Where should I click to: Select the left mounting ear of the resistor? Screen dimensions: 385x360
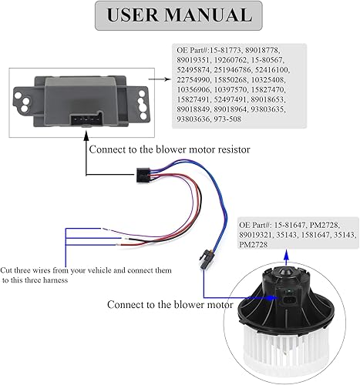pyautogui.click(x=25, y=99)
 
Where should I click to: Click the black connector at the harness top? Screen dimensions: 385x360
pyautogui.click(x=143, y=176)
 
